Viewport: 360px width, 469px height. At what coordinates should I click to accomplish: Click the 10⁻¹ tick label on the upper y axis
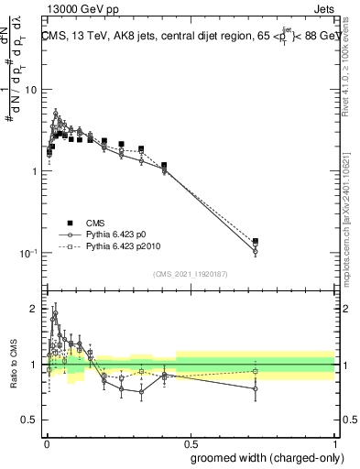(28, 253)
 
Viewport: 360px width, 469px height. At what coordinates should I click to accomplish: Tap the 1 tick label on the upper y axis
(35, 171)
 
